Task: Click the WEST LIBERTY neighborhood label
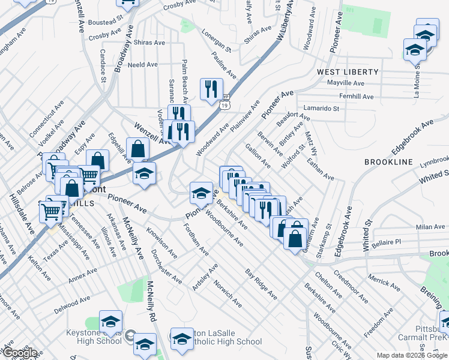click(348, 72)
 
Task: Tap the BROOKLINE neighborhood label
click(388, 163)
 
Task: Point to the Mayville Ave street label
click(345, 83)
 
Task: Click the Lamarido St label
click(321, 109)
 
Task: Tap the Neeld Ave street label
click(142, 64)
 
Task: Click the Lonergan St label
click(216, 39)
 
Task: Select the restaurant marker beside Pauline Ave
click(211, 90)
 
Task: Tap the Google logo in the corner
click(20, 353)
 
